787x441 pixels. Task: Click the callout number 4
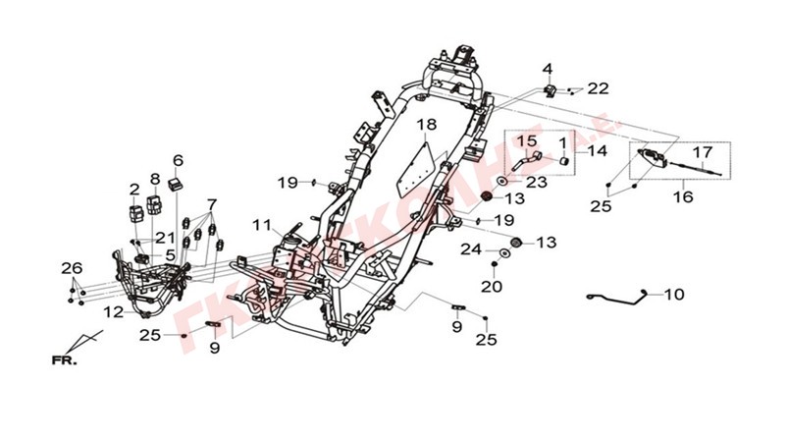coord(548,69)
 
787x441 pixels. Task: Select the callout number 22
coord(598,88)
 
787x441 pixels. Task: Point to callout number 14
coord(598,151)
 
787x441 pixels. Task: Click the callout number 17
coord(703,152)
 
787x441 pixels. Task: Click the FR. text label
coord(65,360)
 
